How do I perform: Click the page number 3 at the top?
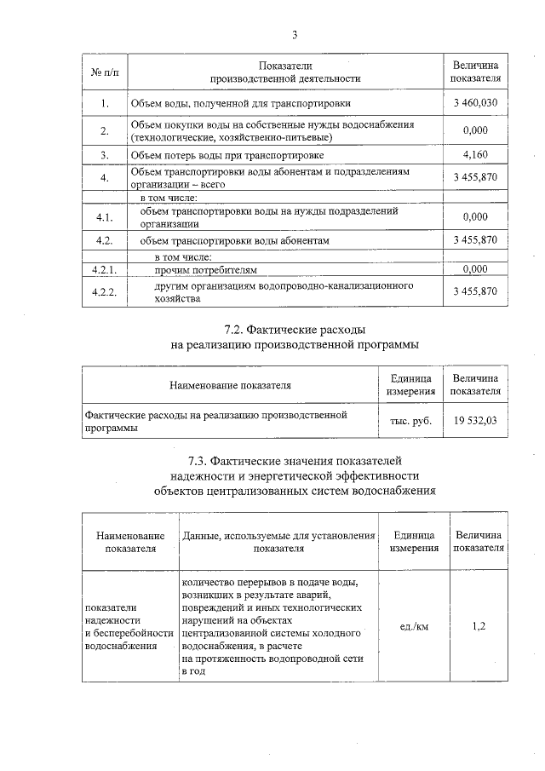tap(295, 35)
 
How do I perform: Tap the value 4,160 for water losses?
tap(475, 154)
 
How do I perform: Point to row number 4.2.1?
tap(104, 269)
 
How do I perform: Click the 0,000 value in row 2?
tap(475, 130)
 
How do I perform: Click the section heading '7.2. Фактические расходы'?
tap(295, 330)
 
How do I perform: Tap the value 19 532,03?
tap(475, 421)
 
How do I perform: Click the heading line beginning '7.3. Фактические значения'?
tap(295, 461)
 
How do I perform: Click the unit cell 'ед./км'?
tap(414, 627)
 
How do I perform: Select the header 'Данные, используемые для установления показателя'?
tap(278, 542)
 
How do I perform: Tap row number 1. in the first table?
tap(104, 104)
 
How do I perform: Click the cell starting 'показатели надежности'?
tap(128, 627)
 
